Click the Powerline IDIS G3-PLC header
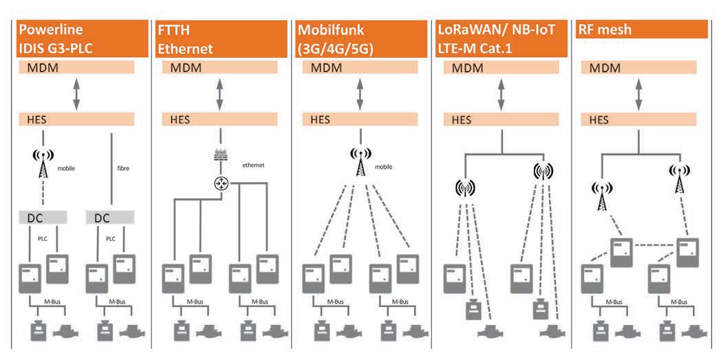tap(83, 39)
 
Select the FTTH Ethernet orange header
tap(220, 39)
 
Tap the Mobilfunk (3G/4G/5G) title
tap(360, 39)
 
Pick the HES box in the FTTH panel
tap(219, 119)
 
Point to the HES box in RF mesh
tap(640, 120)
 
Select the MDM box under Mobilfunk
tap(359, 68)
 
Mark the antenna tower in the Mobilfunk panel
tap(360, 160)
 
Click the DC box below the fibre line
tap(110, 218)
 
